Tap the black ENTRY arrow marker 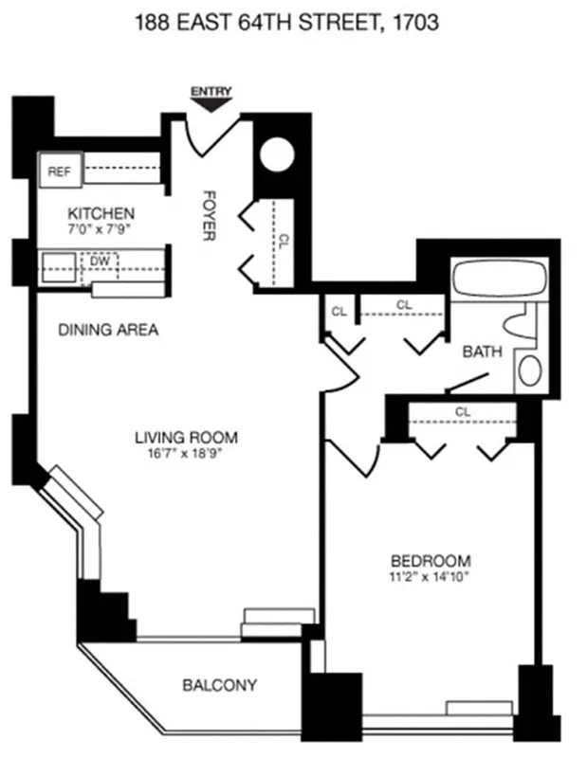tap(211, 101)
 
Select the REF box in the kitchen tap(60, 171)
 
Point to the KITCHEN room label tap(101, 213)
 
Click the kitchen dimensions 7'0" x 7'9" tap(101, 230)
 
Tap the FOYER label tap(211, 216)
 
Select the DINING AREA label tap(108, 331)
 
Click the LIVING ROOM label tap(186, 437)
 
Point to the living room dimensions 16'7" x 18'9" tap(186, 453)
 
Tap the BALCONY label tap(219, 684)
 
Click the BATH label tap(482, 352)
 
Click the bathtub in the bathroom tap(497, 279)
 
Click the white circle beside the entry tap(280, 154)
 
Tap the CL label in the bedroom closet tap(463, 412)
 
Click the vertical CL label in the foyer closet tap(282, 242)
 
